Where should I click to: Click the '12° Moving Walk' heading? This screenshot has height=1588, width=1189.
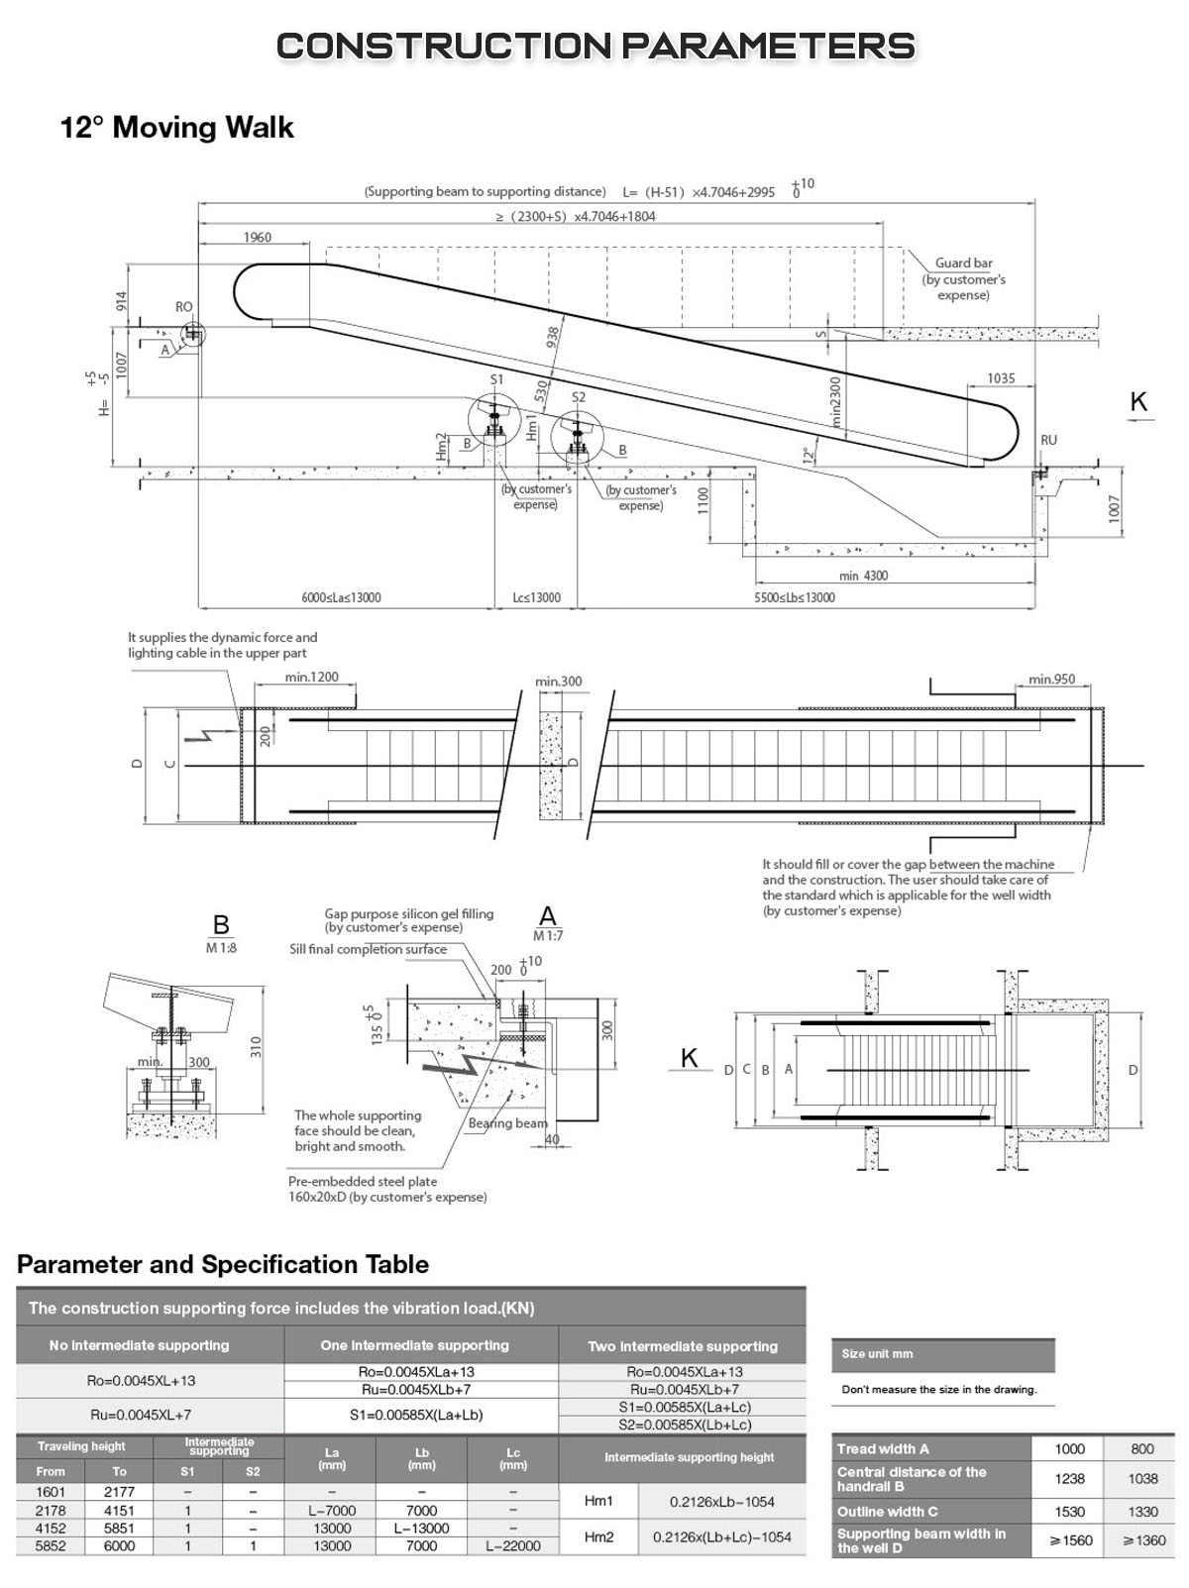point(177,128)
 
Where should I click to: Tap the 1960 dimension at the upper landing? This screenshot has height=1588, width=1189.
point(256,238)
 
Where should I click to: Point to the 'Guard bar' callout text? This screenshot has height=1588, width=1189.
point(963,264)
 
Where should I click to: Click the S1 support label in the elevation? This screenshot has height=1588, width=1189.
point(496,379)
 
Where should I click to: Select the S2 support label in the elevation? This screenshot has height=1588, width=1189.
point(579,397)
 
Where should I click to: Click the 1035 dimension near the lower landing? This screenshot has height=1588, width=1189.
point(1001,378)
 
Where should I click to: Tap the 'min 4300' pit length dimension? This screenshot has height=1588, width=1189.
point(863,576)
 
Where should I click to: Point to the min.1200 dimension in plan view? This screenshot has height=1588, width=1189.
point(312,678)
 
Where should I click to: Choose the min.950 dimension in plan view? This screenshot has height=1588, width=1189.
point(1051,680)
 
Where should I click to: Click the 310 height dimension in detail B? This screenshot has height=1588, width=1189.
point(255,1046)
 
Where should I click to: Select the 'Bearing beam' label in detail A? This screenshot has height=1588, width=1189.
point(507,1122)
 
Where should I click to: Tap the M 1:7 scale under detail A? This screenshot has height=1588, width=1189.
point(547,935)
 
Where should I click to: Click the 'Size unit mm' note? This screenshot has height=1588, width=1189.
point(877,1353)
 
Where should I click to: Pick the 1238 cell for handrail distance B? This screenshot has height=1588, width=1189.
point(1070,1478)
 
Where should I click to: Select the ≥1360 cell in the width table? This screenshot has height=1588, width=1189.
point(1142,1540)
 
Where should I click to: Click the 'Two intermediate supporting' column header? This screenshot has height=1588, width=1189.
point(683,1346)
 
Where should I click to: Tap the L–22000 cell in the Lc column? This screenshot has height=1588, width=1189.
point(513,1545)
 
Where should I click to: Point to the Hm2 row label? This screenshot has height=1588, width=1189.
point(598,1536)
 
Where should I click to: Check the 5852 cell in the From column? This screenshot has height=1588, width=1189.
point(51,1545)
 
